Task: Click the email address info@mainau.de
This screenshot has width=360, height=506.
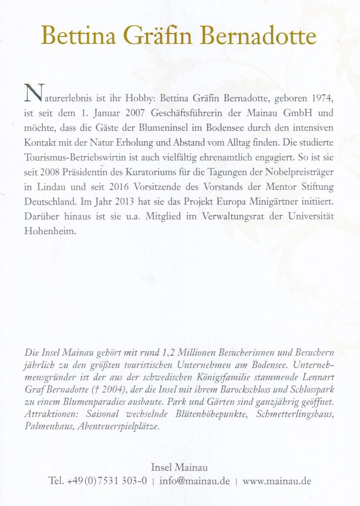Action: [195, 480]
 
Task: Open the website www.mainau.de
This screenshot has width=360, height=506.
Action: [278, 480]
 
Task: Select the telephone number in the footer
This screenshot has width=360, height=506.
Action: [97, 480]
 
